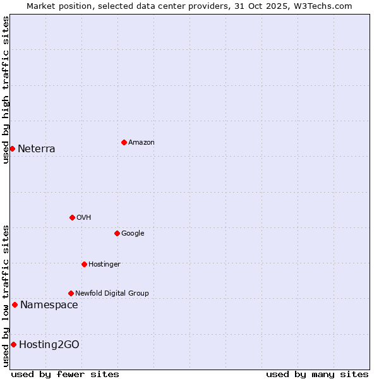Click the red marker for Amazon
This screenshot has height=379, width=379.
124,142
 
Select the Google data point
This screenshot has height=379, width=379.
117,233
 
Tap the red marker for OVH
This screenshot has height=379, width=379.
72,217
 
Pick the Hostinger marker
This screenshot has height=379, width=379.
84,264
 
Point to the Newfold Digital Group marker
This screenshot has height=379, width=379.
71,293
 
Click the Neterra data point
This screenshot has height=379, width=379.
12,148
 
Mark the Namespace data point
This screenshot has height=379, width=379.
15,304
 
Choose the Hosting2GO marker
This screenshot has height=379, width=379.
13,344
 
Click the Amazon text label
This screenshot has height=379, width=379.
141,143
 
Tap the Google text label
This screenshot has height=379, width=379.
133,234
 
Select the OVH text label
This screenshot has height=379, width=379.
83,218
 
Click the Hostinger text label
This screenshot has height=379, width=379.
104,265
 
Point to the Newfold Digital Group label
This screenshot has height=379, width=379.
112,294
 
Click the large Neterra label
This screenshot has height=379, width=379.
36,149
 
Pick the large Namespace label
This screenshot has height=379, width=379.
49,305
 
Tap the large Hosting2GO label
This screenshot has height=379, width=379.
49,345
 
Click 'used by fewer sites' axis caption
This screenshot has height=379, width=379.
65,374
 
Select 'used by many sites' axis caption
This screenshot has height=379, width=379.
317,374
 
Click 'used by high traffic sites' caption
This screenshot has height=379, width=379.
6,90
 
